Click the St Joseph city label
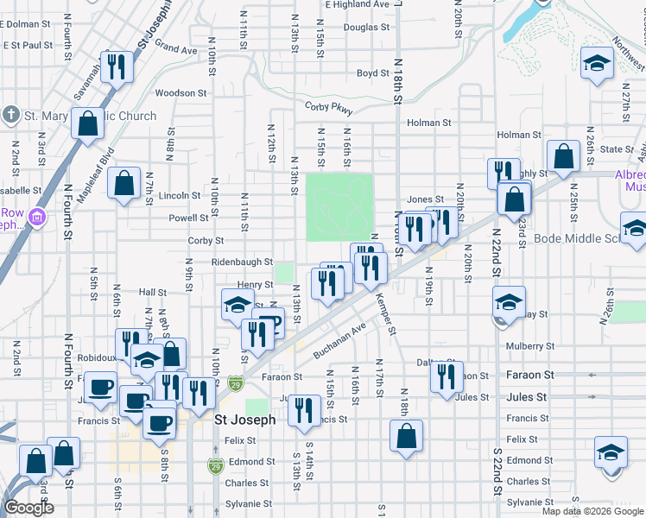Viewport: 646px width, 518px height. (x=244, y=420)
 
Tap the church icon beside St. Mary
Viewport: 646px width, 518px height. (x=11, y=116)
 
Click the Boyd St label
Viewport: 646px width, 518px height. (x=373, y=73)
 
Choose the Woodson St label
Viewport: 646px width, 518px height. (x=180, y=92)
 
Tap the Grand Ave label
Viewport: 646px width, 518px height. (x=176, y=49)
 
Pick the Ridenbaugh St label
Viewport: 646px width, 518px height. (x=242, y=262)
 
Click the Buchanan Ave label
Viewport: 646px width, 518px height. (x=340, y=340)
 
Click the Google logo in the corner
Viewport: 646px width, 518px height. (x=28, y=508)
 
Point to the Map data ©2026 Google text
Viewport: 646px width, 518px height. (x=592, y=511)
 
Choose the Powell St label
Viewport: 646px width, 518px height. (x=189, y=218)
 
